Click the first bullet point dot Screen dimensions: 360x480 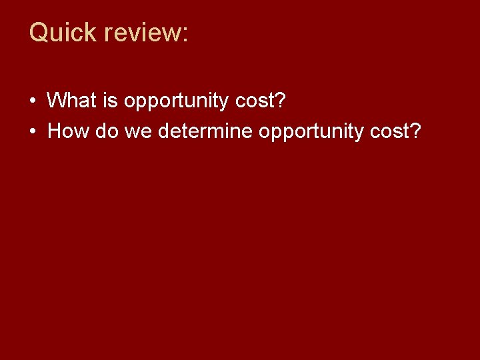33,101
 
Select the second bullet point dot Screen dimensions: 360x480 33,131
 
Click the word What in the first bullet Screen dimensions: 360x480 72,101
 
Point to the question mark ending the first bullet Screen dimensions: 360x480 280,100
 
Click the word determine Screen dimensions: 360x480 206,131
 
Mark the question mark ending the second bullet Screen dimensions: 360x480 415,130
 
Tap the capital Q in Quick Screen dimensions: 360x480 39,32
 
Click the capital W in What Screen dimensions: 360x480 57,101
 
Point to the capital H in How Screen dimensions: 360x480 55,131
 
